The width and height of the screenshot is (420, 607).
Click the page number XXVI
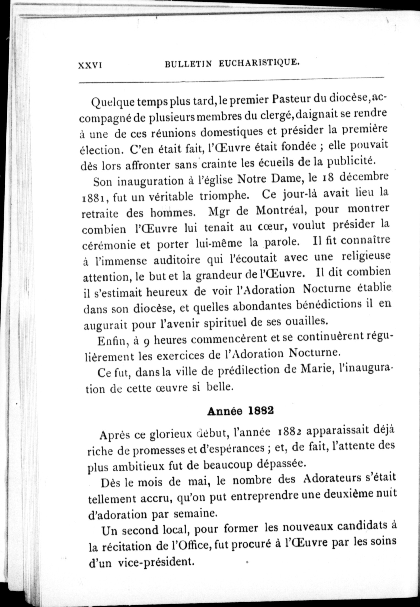90,66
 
